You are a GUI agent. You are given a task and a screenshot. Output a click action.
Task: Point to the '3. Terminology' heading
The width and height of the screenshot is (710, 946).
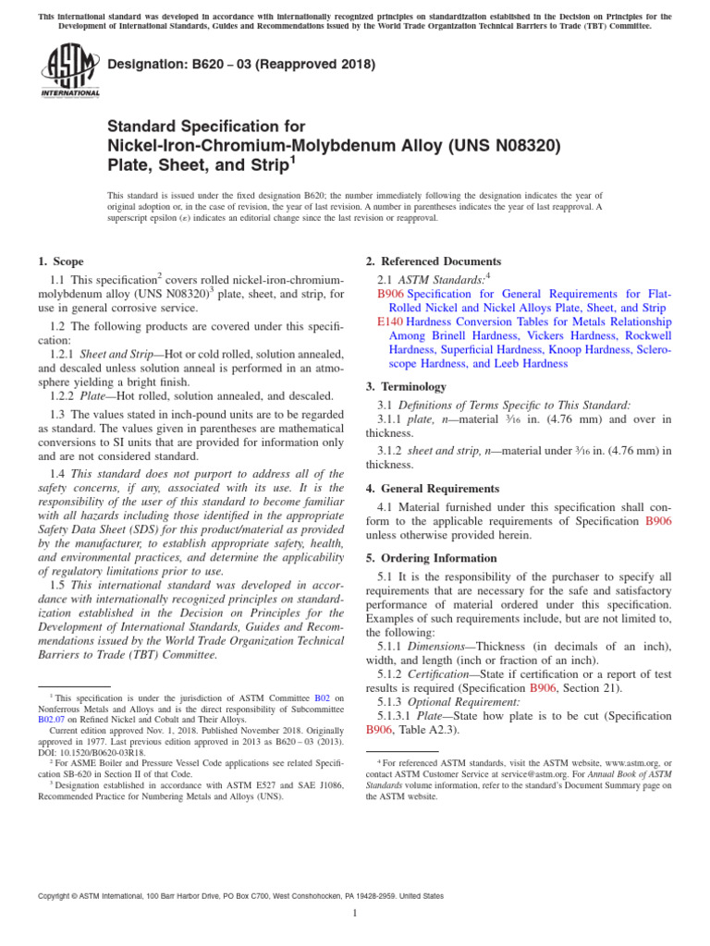click(x=406, y=386)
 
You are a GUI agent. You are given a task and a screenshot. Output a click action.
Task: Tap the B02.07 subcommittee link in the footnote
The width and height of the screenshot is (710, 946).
click(x=52, y=717)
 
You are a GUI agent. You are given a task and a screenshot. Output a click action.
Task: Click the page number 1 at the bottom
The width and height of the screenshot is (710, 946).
click(x=355, y=914)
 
